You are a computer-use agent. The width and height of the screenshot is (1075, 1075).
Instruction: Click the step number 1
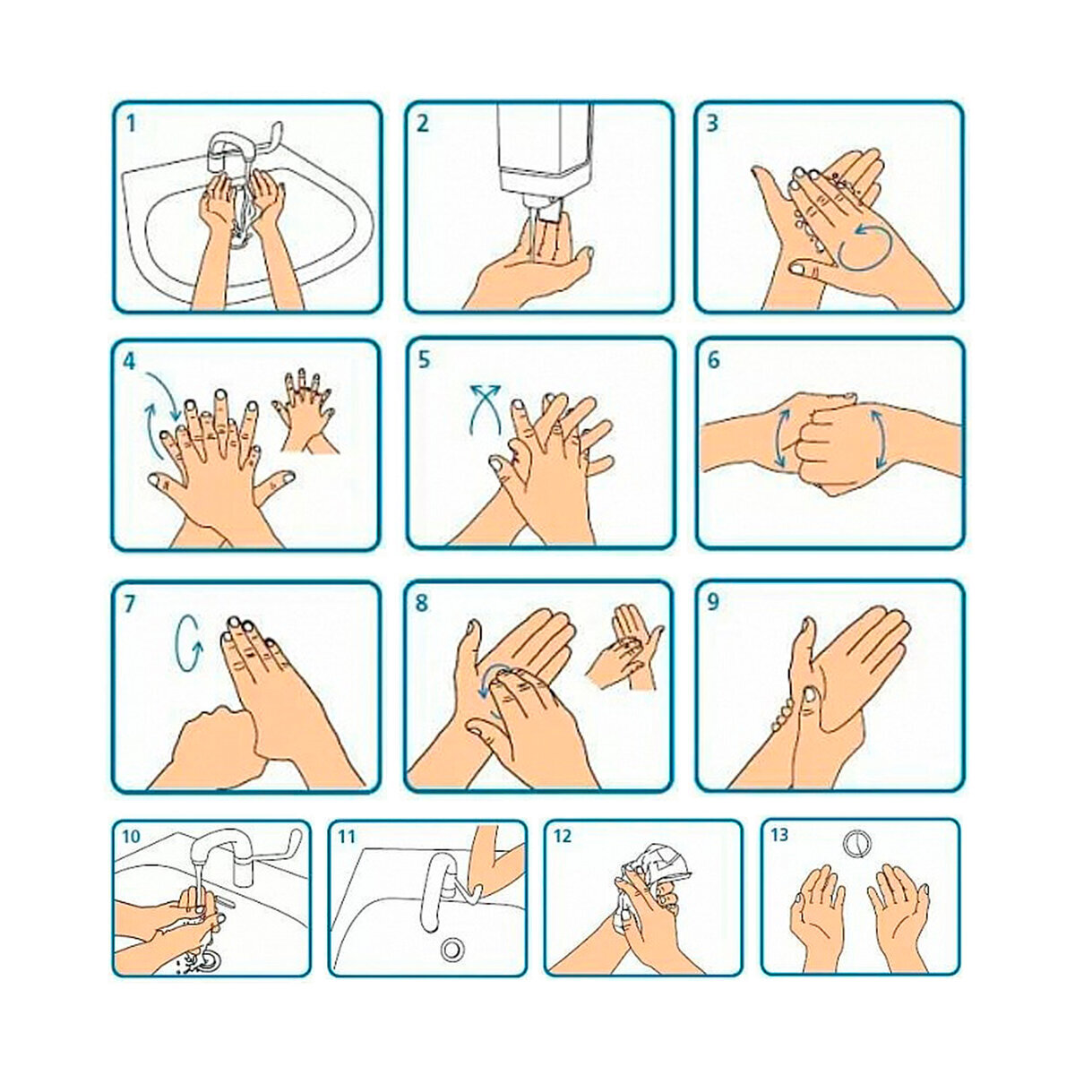131,123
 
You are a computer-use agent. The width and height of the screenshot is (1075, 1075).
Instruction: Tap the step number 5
424,360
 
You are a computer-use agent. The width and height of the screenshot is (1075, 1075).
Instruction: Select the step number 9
713,603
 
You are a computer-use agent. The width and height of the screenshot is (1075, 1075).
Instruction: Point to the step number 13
779,835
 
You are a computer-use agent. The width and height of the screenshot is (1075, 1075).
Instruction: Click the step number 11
347,837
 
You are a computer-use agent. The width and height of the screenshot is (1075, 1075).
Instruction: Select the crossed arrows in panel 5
484,408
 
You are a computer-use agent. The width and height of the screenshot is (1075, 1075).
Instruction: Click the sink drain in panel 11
451,949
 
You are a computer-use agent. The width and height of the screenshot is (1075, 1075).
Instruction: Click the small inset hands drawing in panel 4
305,410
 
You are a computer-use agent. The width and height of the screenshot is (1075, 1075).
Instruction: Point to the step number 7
131,604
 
